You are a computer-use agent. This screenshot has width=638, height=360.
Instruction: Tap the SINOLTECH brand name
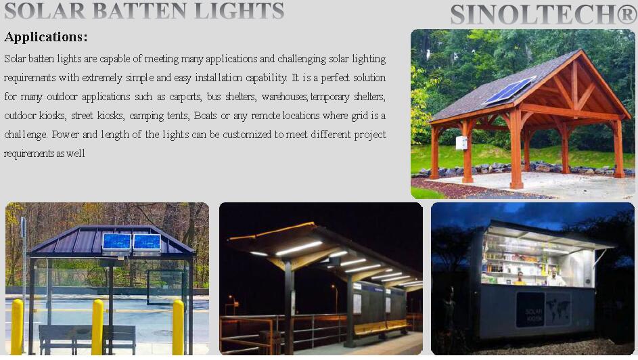[x=533, y=14]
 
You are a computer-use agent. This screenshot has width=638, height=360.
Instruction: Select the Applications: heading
[x=45, y=37]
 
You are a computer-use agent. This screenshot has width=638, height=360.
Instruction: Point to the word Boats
[x=205, y=116]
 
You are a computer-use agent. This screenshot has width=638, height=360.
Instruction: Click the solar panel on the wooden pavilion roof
[x=509, y=90]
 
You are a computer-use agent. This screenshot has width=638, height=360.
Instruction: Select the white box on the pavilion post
[x=461, y=143]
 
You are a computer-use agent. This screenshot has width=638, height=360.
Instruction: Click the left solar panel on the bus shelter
[x=116, y=242]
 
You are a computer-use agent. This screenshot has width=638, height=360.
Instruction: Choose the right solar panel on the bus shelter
[x=147, y=242]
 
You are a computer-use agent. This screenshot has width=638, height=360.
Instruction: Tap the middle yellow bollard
[x=97, y=326]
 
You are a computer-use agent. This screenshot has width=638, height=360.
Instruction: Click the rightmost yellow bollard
[x=178, y=327]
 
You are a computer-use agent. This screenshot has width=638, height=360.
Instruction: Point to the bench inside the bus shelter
[x=87, y=338]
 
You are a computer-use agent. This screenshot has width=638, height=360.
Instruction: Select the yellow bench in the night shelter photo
[x=381, y=327]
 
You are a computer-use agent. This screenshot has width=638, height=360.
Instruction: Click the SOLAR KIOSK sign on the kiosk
[x=530, y=310]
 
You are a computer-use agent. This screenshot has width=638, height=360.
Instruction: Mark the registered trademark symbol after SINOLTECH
[x=626, y=15]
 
